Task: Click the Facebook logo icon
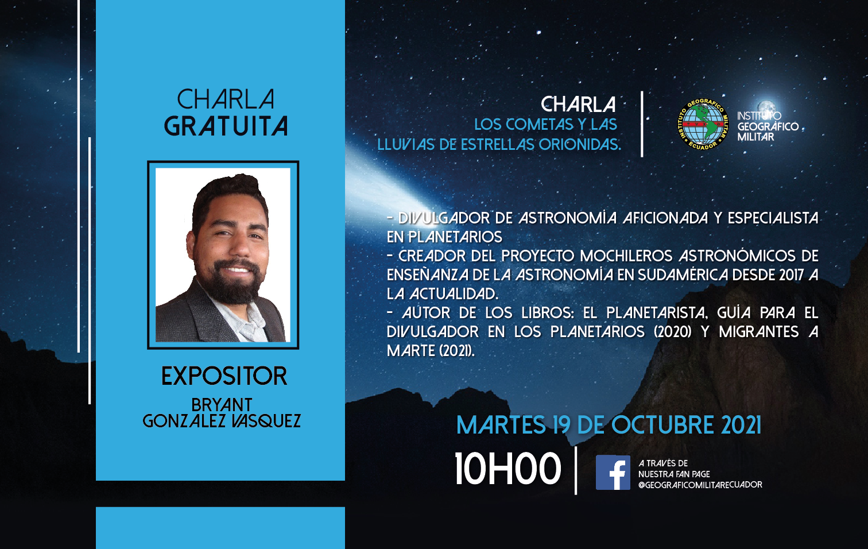point(613,473)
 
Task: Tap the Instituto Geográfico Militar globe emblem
point(703,124)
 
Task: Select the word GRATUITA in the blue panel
point(226,126)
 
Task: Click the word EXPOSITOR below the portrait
point(224,376)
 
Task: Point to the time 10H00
point(507,469)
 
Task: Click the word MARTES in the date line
point(501,425)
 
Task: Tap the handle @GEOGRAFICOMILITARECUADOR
point(700,485)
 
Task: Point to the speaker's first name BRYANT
point(222,405)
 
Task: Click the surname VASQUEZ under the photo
point(266,421)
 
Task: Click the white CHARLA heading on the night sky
point(578,104)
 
